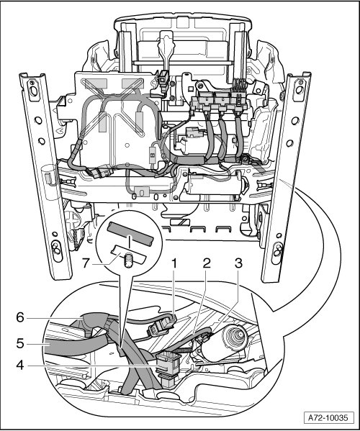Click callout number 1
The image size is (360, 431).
point(174,263)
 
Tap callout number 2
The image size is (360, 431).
point(207,263)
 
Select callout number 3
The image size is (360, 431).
point(238,263)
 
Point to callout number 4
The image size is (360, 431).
point(20,366)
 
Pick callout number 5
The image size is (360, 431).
point(20,344)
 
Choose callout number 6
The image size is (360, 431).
point(20,318)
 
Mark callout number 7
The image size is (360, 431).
point(86,263)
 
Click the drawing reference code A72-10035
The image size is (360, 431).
point(328,418)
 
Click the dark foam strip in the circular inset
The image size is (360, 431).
point(130,234)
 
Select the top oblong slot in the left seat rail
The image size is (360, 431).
point(33,90)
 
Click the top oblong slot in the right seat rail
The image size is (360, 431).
point(299,90)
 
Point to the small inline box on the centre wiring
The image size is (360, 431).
point(152,155)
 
